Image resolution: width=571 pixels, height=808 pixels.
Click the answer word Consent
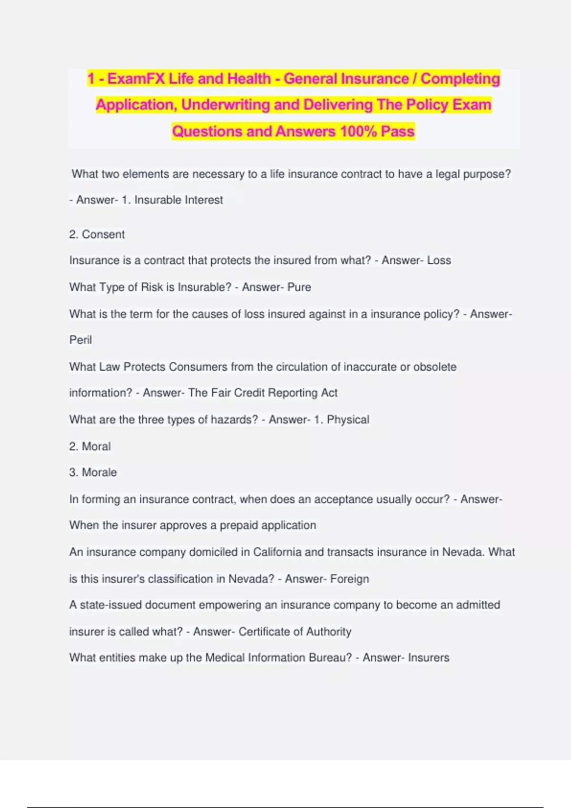pyautogui.click(x=103, y=234)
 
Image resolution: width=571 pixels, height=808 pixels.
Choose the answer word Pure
pyautogui.click(x=299, y=287)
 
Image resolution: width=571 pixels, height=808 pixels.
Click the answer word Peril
pyautogui.click(x=80, y=340)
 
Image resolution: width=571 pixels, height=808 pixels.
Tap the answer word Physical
pyautogui.click(x=348, y=420)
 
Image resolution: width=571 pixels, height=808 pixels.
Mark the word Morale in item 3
pyautogui.click(x=99, y=472)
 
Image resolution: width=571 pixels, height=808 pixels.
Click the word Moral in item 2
pyautogui.click(x=96, y=446)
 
